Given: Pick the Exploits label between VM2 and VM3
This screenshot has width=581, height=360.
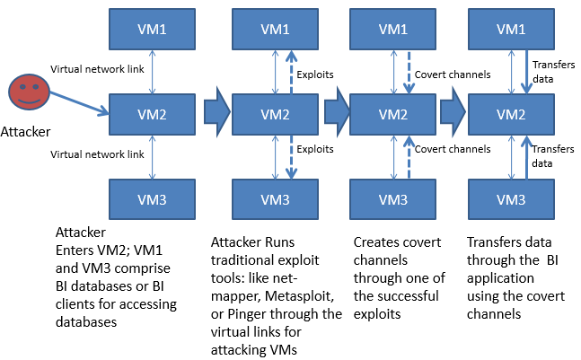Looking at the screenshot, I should coord(314,149).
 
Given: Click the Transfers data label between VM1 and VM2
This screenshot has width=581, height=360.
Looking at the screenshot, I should coord(550,71).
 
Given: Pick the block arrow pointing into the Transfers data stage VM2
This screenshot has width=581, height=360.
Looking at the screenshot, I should coord(451,113).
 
